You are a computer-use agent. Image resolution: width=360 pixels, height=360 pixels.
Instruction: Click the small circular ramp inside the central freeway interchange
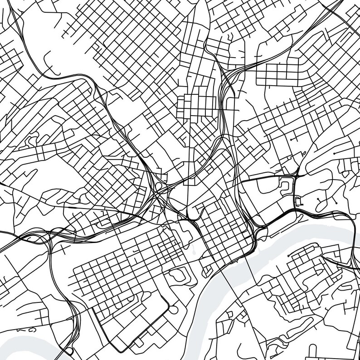point(158,186)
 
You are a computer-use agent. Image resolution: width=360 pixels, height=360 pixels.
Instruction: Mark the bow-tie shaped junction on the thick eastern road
point(296,173)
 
